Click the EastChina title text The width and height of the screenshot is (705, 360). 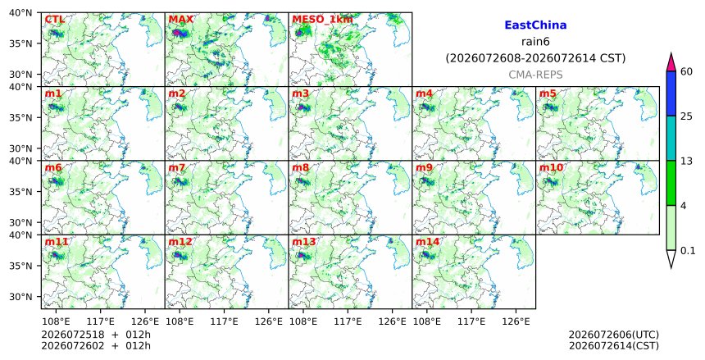pos(535,25)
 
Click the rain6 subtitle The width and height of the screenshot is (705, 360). pos(535,42)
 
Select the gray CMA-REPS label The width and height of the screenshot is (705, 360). pos(535,75)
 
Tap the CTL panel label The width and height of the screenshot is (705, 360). pos(54,20)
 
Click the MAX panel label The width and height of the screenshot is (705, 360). pos(180,20)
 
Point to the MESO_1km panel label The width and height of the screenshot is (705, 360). pos(322,20)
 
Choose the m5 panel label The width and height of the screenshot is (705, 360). pos(548,93)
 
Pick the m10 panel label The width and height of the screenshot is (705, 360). pos(551,168)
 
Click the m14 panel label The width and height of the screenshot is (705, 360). pos(427,242)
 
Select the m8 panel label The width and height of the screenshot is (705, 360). pos(300,168)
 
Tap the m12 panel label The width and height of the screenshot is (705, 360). pos(180,242)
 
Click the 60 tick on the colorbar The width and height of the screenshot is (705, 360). pos(686,71)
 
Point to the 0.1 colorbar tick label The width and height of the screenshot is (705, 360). pos(688,251)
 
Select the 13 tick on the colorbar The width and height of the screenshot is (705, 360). pos(686,161)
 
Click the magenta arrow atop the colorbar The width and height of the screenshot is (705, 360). pos(671,62)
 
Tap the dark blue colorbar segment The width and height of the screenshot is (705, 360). pos(671,93)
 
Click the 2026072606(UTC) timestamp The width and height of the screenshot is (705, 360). pos(614,335)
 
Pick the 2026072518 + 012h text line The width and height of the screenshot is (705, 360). pos(96,335)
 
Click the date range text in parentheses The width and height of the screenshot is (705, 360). pos(535,58)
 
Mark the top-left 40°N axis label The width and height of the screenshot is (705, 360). pos(20,12)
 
